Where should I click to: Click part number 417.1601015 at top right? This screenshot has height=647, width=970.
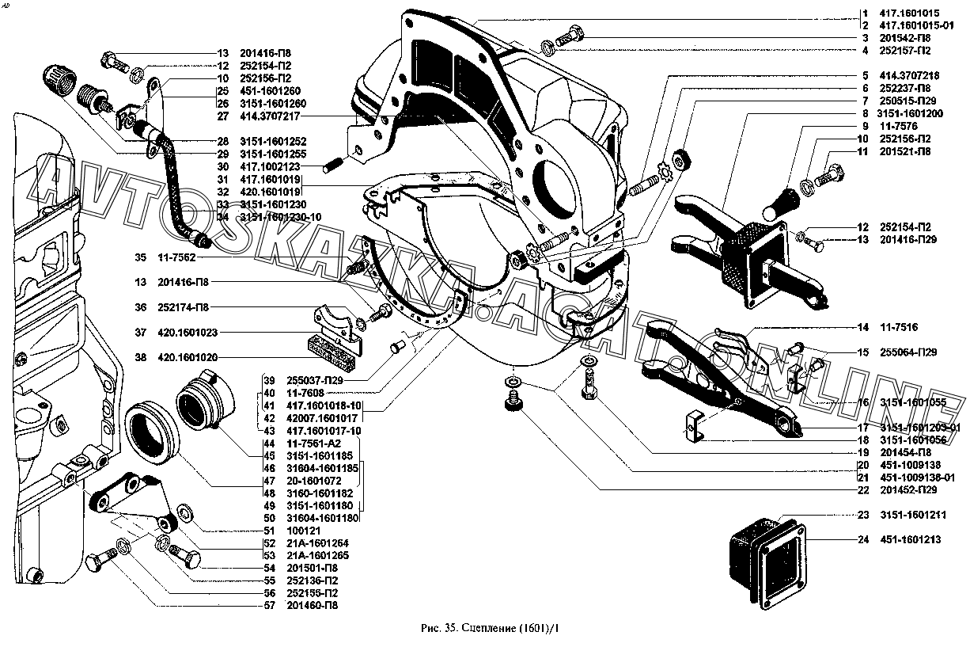point(912,13)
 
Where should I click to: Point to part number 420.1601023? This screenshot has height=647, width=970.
point(188,333)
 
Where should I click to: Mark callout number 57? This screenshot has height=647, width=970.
point(270,606)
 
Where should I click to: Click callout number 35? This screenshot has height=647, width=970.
point(141,257)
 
